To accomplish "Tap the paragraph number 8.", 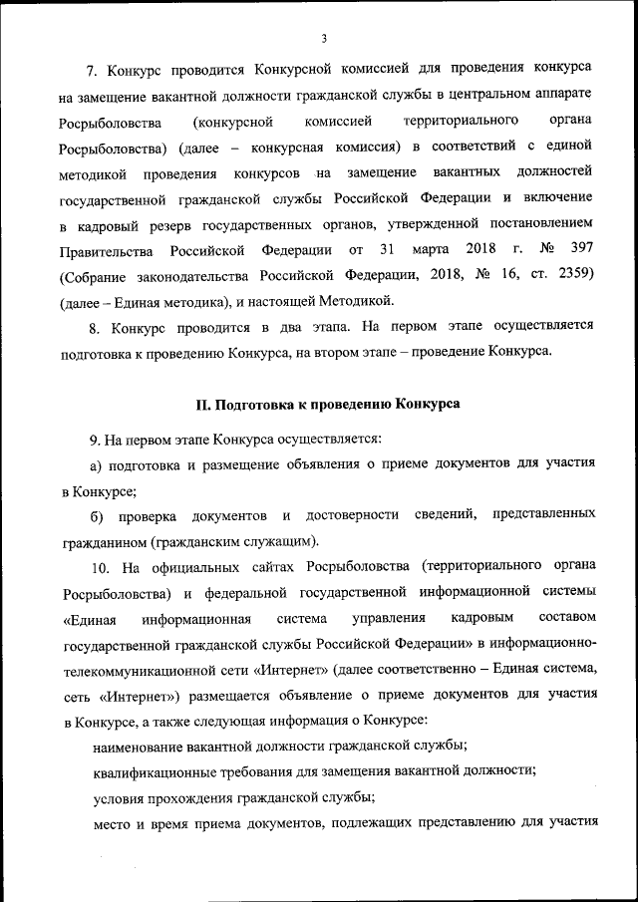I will (x=95, y=325).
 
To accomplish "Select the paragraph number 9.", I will (x=95, y=439).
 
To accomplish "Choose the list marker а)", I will (x=98, y=464).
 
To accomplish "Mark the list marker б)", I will (x=98, y=515).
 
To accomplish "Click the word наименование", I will (x=140, y=745).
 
